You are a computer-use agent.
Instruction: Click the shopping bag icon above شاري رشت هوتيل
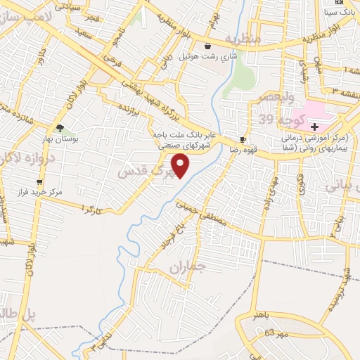[x=207, y=46]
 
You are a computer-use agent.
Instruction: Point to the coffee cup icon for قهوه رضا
[x=243, y=139]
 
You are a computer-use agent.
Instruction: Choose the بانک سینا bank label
[x=340, y=13]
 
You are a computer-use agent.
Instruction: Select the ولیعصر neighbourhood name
[x=278, y=98]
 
